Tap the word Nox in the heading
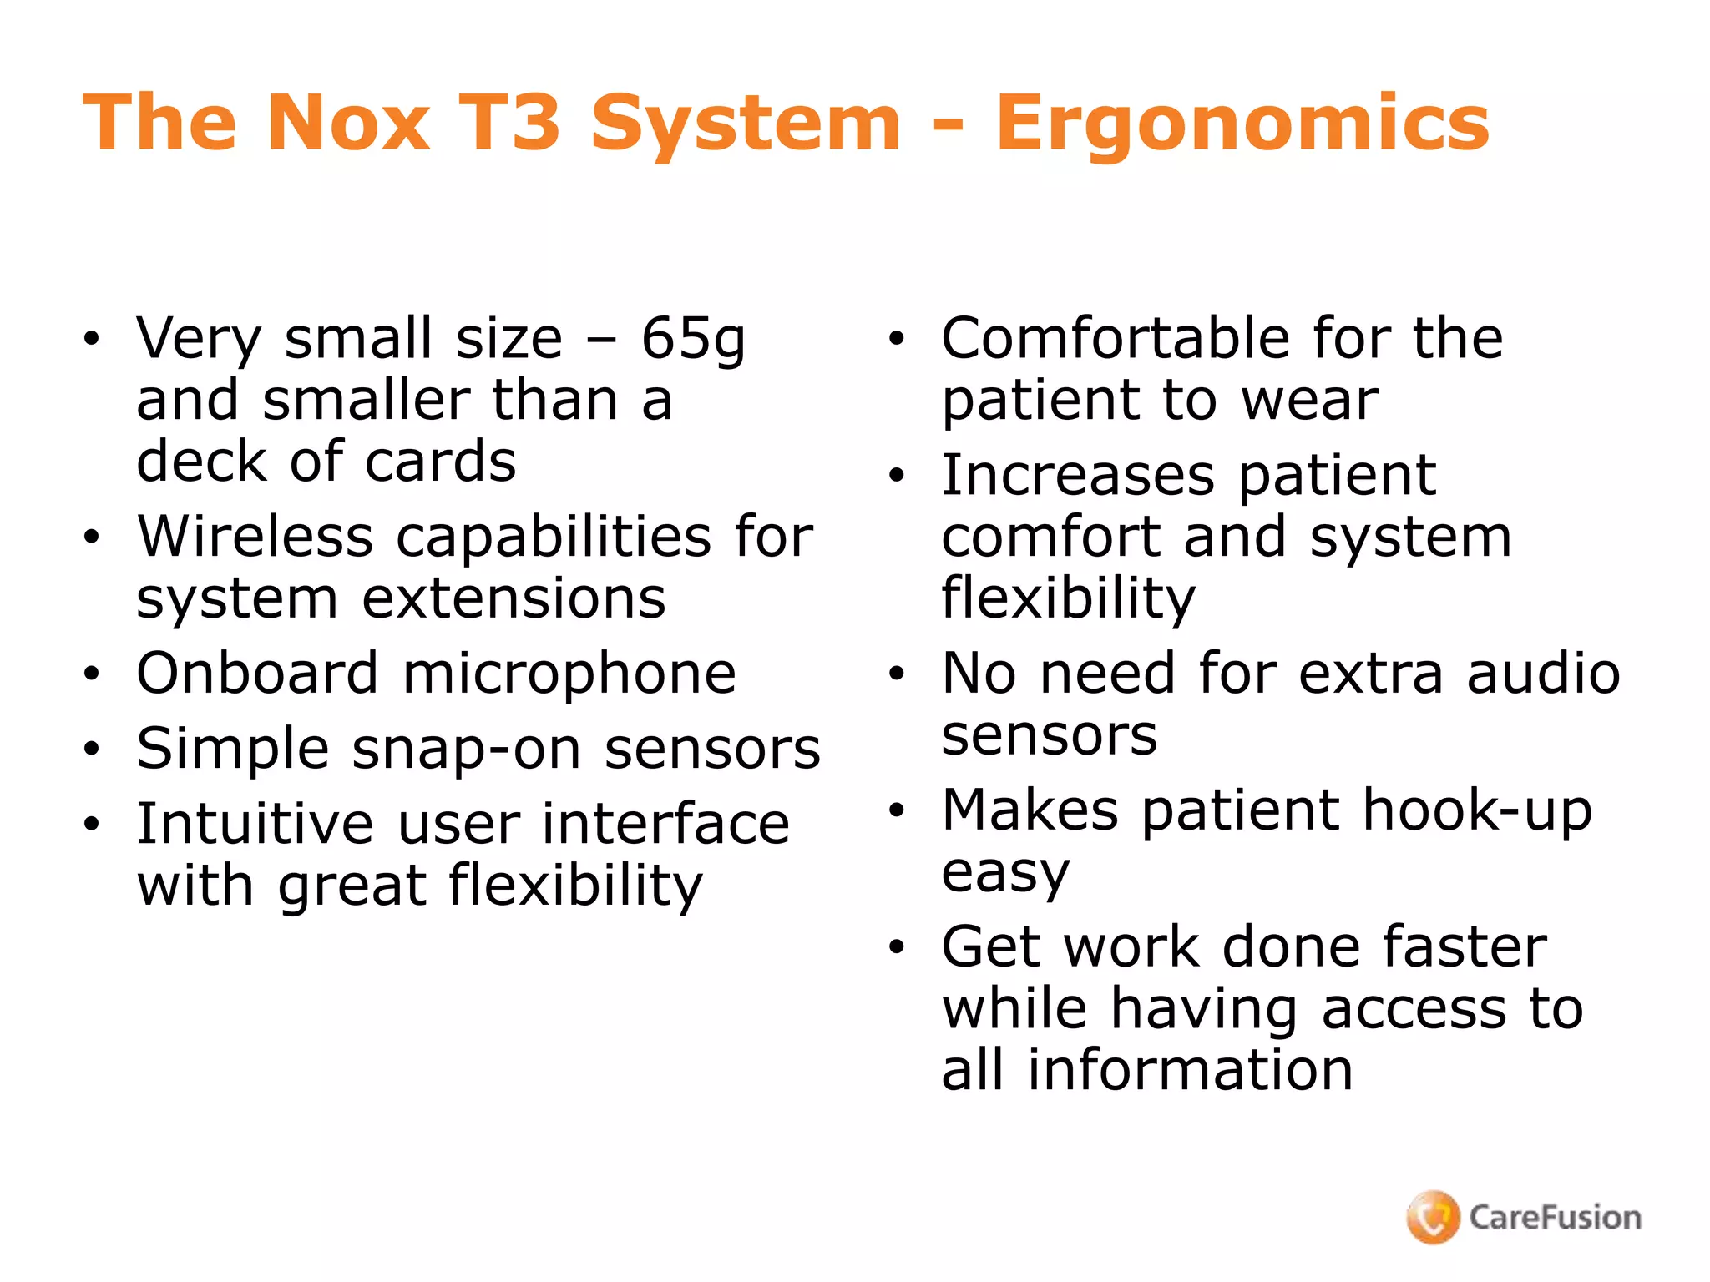348,124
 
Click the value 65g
693,341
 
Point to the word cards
441,462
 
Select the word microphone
569,674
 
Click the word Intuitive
255,824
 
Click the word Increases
1078,475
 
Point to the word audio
1543,674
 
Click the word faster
1465,947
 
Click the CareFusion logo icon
1433,1217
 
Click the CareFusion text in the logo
1555,1218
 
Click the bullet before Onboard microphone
91,674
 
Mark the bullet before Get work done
897,947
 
